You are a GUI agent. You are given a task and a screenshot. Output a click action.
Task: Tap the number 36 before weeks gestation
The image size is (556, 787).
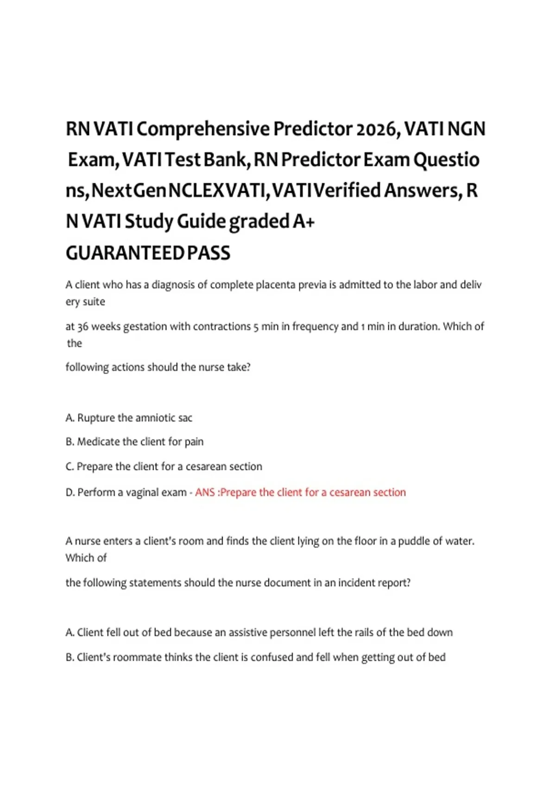[x=82, y=327]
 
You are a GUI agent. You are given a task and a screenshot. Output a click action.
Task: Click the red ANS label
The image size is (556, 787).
[x=205, y=493]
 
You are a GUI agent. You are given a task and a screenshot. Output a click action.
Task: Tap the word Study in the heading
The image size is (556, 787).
[x=149, y=222]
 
